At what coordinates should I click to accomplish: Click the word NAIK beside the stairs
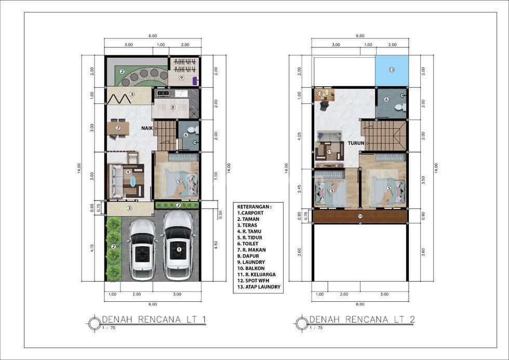point(146,128)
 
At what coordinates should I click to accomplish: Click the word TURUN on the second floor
point(356,143)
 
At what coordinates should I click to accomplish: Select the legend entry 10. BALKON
point(251,268)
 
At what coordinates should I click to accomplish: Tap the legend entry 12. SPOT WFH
point(253,281)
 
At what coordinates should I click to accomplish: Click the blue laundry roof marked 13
point(392,71)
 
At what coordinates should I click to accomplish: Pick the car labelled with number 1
point(178,246)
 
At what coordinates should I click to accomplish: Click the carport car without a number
point(141,249)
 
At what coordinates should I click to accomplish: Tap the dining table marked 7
point(118,128)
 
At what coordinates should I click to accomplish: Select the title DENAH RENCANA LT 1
point(154,319)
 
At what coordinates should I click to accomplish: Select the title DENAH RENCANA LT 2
point(362,319)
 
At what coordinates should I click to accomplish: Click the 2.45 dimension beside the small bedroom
point(300,189)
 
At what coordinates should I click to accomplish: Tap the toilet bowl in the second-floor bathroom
point(399,107)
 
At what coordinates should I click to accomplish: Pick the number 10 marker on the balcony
point(359,216)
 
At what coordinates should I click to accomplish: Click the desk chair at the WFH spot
point(325,105)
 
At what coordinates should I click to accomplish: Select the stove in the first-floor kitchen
point(163,93)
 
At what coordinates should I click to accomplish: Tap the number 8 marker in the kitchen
point(172,107)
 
